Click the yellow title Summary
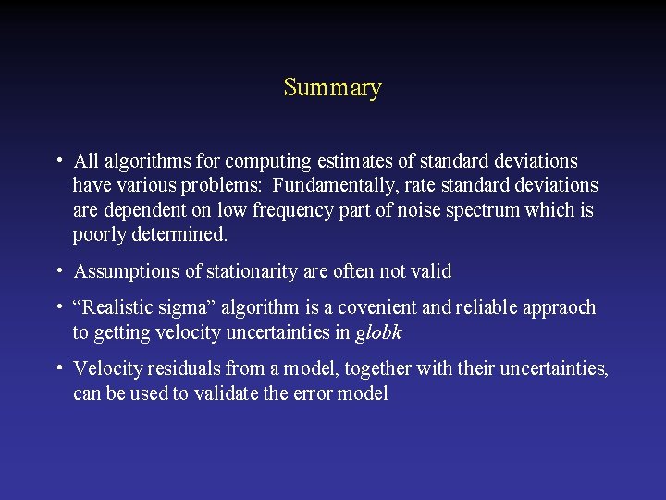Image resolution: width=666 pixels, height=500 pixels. (x=332, y=88)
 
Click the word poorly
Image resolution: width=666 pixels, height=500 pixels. (x=99, y=235)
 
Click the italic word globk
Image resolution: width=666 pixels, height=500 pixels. (x=378, y=332)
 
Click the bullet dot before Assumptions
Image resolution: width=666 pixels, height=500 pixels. (x=58, y=271)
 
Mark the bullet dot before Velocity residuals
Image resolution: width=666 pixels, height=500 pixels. (x=58, y=368)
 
